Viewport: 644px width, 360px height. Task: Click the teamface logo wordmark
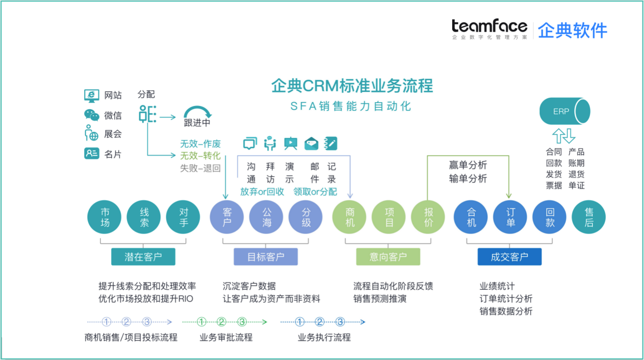[489, 26]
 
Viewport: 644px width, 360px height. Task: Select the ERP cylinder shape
[564, 111]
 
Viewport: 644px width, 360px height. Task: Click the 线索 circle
[144, 217]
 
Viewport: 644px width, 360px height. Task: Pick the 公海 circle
[266, 217]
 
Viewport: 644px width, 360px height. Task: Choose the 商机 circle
[350, 217]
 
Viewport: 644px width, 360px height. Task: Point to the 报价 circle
[428, 217]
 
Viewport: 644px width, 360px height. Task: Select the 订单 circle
[511, 217]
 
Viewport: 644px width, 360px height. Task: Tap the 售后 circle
[588, 217]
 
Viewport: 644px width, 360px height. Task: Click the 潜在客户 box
[143, 257]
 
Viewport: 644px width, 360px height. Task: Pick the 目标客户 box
[265, 257]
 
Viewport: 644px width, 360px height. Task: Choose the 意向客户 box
[388, 257]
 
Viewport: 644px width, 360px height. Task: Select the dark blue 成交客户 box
[509, 257]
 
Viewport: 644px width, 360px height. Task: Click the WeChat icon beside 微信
[91, 115]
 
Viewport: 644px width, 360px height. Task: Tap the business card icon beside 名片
[91, 154]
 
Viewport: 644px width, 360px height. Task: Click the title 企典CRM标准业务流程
[352, 86]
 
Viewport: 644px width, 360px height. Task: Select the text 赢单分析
[468, 165]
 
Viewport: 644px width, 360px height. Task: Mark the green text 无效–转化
[200, 156]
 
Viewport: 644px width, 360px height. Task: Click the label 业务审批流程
[226, 337]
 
